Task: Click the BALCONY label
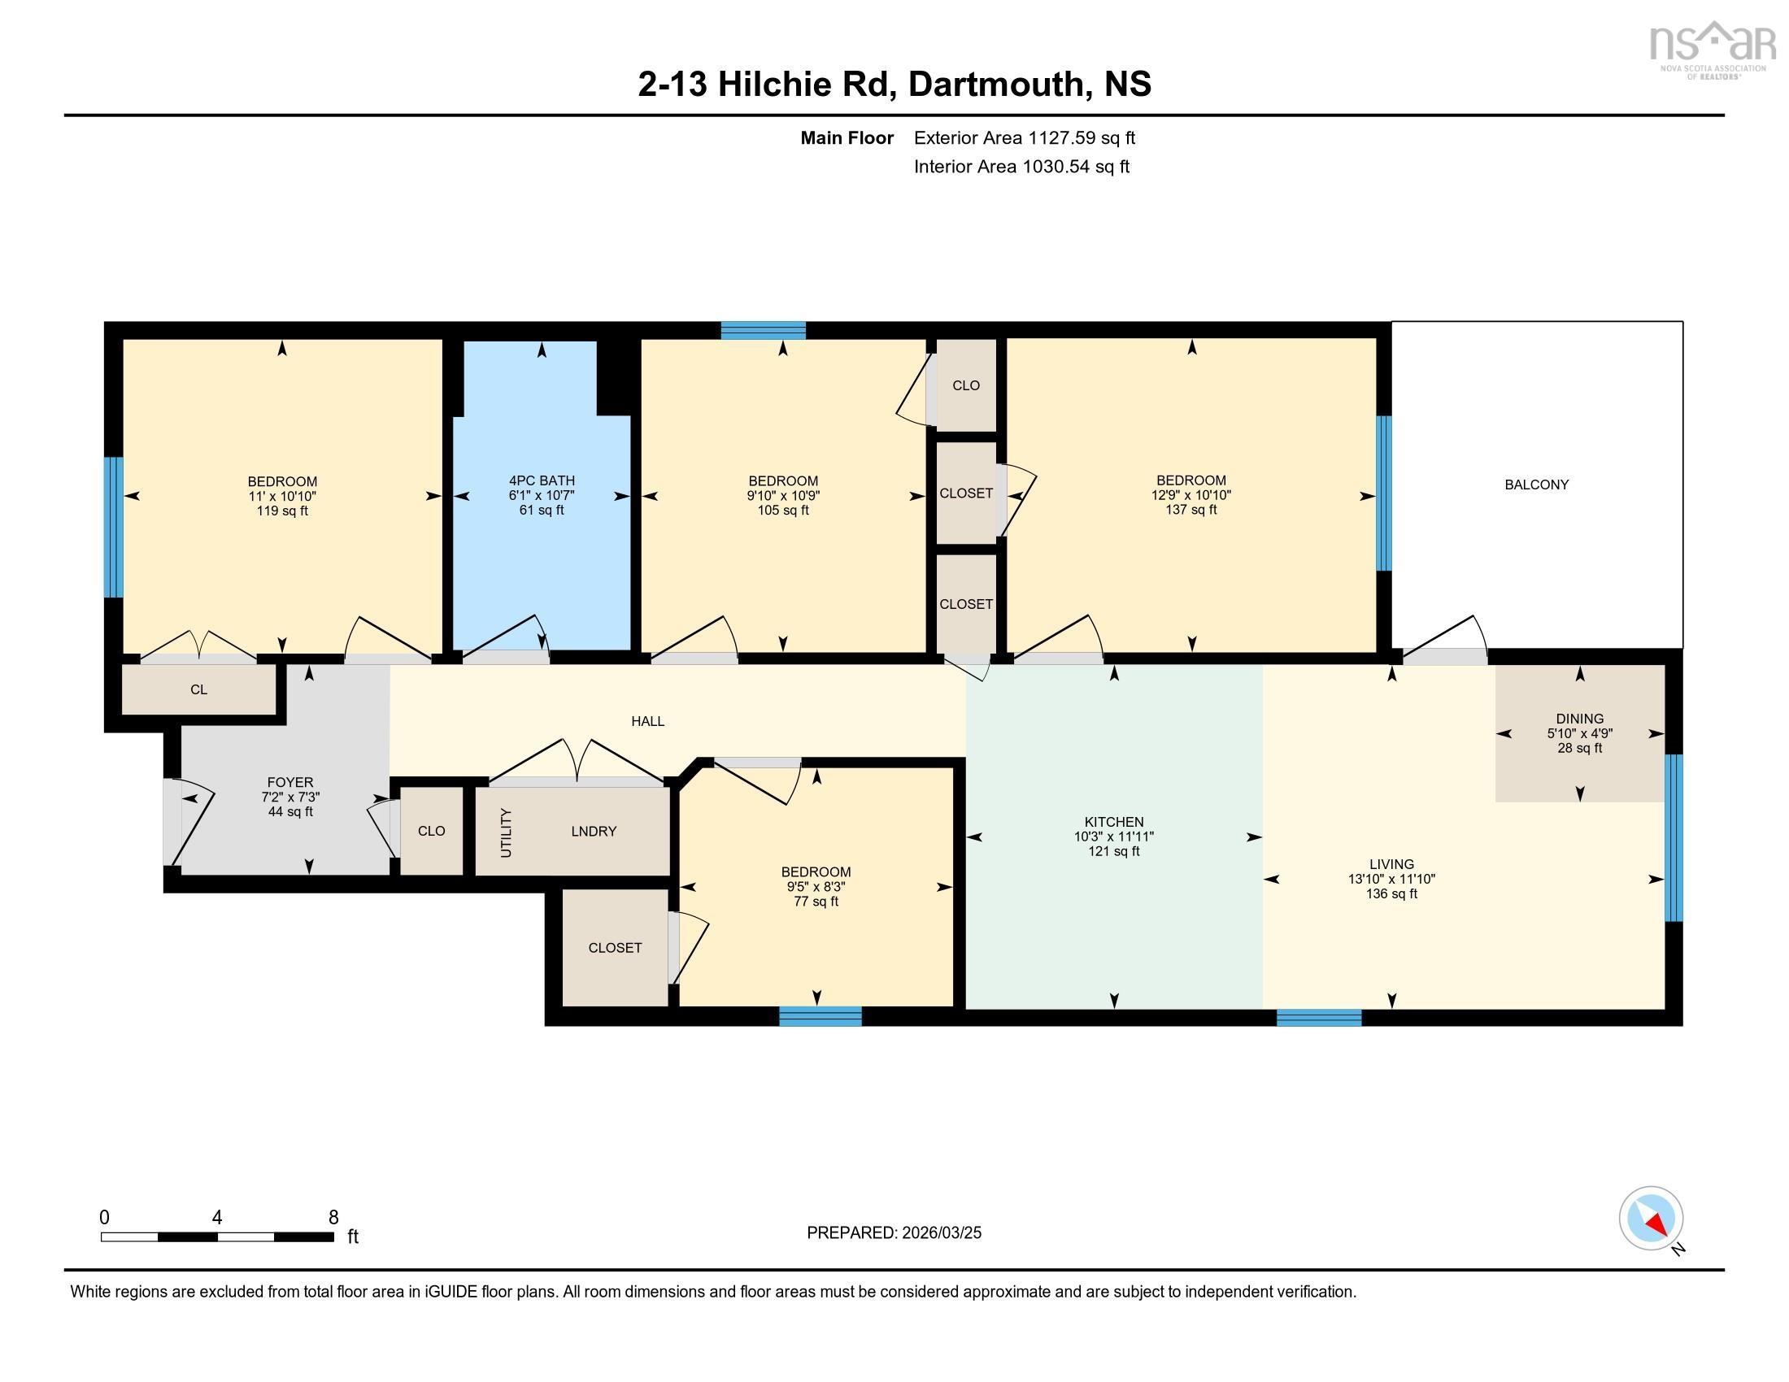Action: coord(1536,485)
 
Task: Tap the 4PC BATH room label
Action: coord(542,480)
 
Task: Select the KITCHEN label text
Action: coord(1113,822)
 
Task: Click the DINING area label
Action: coord(1579,719)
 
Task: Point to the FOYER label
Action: coord(290,782)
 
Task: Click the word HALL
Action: coord(647,721)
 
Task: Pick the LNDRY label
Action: coord(593,831)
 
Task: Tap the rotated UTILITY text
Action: coord(506,832)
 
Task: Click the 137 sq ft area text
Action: coord(1191,509)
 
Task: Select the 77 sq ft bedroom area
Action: coord(816,902)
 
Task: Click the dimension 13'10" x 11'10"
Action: coord(1391,879)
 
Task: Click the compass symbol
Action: coord(1651,1219)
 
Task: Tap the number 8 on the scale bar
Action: coord(333,1218)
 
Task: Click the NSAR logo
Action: coord(1710,47)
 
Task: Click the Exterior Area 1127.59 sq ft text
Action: coord(1024,137)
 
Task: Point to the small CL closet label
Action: coord(198,689)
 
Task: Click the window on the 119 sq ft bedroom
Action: coord(113,527)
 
